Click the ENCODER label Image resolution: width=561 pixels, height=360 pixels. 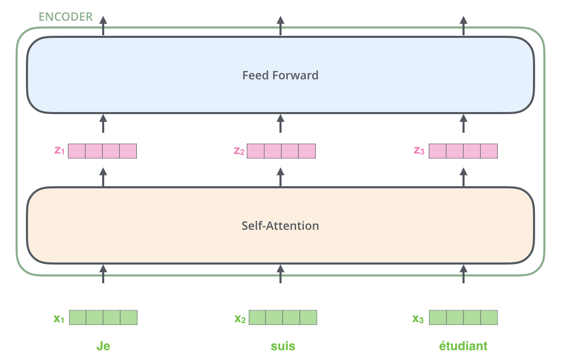coord(66,17)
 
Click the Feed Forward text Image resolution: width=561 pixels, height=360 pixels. coord(280,75)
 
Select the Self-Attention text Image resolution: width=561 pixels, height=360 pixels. coord(280,226)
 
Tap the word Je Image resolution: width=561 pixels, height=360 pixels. coord(103,346)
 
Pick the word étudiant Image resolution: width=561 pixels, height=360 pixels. coord(463,346)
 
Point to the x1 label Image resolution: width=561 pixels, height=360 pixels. coord(59,318)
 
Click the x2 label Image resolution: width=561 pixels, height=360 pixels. coord(240,318)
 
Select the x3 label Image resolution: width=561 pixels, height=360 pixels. coord(418,318)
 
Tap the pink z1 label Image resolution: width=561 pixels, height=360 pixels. coord(59,151)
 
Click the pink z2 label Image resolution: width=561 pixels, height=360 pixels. coord(239,151)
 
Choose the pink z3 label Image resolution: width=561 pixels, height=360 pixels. coord(419,151)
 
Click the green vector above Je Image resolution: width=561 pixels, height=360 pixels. coord(103,317)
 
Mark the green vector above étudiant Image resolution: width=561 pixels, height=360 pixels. coord(464,317)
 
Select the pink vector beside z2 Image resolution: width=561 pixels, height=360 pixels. coord(281,151)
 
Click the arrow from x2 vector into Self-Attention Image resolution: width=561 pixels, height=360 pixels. coord(280,273)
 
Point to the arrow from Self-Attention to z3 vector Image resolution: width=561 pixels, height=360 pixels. coord(464,177)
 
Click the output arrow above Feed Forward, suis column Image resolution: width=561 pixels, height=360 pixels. coord(280,25)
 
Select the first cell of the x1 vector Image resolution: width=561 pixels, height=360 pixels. coord(78,317)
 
